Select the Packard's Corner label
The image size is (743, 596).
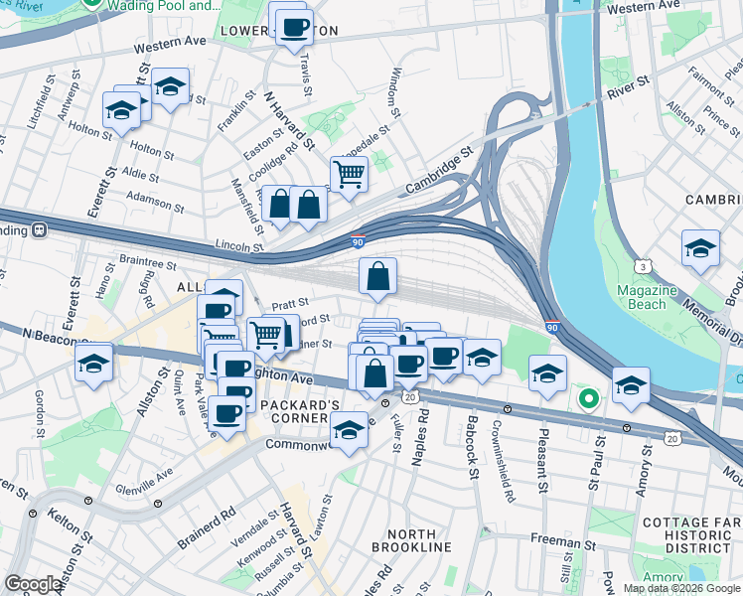(300, 411)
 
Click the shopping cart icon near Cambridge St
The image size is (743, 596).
(349, 174)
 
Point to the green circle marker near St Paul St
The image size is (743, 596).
(588, 399)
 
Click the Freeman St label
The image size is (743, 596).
(563, 543)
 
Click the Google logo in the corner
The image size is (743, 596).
(33, 584)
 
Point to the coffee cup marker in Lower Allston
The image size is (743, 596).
(294, 27)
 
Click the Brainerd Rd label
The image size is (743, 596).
(207, 527)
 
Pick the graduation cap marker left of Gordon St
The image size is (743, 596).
(94, 364)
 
